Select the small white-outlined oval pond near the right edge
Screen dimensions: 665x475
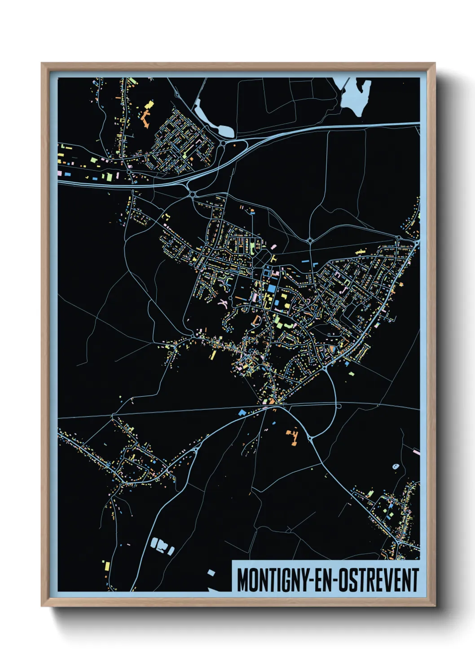(396, 466)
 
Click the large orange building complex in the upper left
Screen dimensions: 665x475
(145, 118)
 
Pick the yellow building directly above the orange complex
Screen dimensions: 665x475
(149, 105)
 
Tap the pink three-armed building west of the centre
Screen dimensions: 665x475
(222, 302)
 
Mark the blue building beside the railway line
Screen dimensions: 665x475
(242, 412)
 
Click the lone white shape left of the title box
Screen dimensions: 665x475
(211, 572)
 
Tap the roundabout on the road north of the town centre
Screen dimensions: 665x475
(310, 240)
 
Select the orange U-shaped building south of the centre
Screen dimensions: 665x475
(256, 320)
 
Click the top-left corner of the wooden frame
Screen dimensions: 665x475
(42, 63)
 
